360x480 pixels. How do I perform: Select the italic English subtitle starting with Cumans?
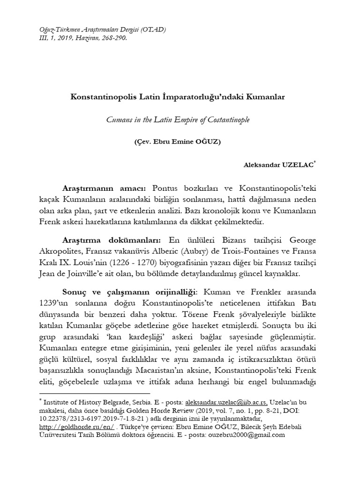click(x=178, y=120)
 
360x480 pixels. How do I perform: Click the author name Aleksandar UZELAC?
click(x=278, y=165)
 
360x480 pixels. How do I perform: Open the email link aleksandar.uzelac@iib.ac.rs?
click(x=227, y=402)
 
